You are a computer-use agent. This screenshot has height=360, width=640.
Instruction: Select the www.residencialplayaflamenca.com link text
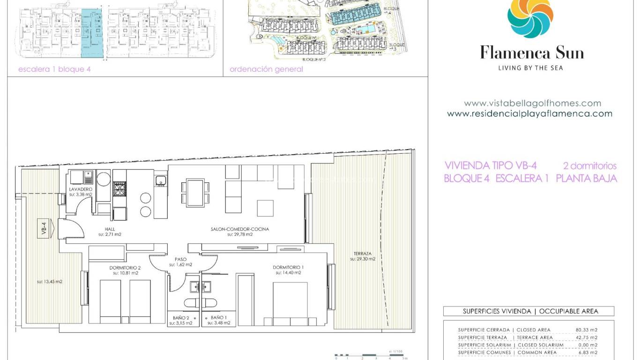[529, 113]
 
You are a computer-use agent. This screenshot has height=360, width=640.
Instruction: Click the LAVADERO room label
[81, 190]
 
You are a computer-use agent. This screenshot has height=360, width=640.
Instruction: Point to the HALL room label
[110, 230]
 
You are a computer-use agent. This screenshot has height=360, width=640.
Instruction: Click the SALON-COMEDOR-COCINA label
[240, 230]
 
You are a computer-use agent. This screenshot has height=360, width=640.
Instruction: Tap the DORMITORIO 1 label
[288, 268]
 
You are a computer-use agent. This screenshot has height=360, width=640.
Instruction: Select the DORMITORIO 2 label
[125, 268]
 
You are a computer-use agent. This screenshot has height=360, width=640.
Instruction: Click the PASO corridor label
[181, 259]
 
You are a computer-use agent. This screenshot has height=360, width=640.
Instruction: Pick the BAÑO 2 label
[181, 318]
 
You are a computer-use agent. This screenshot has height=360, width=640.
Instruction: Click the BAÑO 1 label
[219, 318]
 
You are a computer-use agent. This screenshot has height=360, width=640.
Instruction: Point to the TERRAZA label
[363, 254]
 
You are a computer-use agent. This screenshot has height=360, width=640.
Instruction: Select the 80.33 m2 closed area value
[586, 330]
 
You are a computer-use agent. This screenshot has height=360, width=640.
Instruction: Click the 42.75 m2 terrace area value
[586, 337]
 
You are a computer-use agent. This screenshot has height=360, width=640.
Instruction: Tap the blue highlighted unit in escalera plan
[91, 33]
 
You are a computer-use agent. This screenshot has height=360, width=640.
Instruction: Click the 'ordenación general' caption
[266, 69]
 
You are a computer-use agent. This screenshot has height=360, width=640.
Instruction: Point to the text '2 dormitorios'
[589, 166]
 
